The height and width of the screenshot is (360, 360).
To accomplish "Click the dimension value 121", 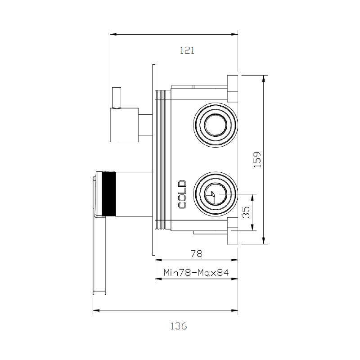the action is [187, 50].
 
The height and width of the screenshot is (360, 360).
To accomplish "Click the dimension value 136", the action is [179, 326].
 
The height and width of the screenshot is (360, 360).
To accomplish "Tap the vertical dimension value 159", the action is [257, 159].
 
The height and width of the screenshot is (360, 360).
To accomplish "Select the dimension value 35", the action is [246, 212].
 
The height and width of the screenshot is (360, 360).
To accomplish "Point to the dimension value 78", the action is [197, 253].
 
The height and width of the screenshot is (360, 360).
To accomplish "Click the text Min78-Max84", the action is [196, 273].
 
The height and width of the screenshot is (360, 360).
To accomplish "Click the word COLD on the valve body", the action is [182, 194].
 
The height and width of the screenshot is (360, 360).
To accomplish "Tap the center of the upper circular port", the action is [216, 125].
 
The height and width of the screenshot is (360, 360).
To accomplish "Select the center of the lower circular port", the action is [216, 194].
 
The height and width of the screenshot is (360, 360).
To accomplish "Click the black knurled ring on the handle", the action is [109, 194].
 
